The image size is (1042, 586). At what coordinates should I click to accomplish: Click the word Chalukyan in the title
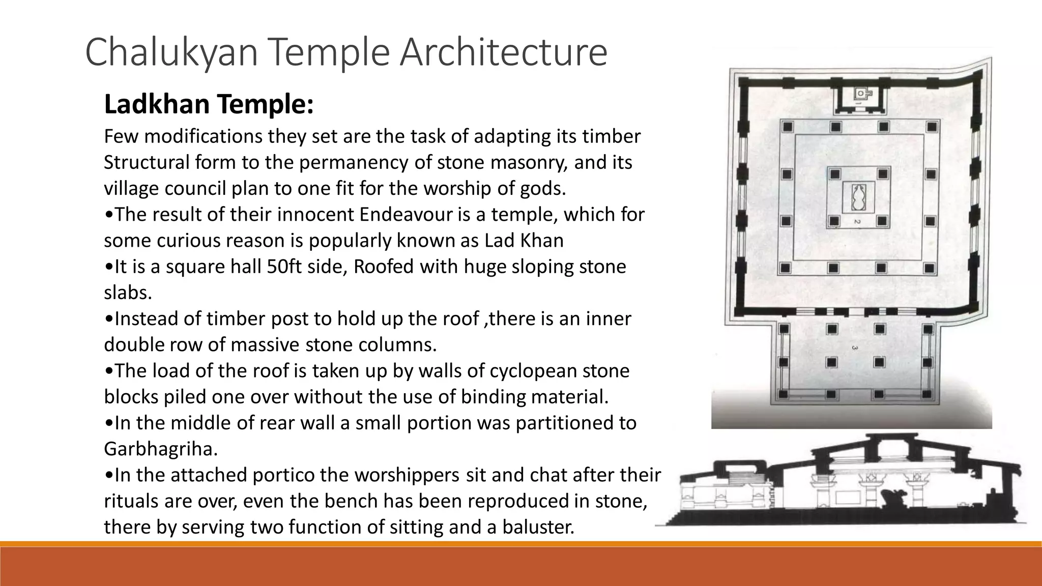click(x=172, y=52)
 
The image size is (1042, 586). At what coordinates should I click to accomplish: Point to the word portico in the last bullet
click(x=284, y=475)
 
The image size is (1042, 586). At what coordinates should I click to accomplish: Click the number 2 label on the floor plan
click(x=857, y=222)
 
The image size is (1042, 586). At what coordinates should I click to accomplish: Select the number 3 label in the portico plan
click(x=854, y=348)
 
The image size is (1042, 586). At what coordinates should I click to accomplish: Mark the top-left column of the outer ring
click(x=787, y=127)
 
